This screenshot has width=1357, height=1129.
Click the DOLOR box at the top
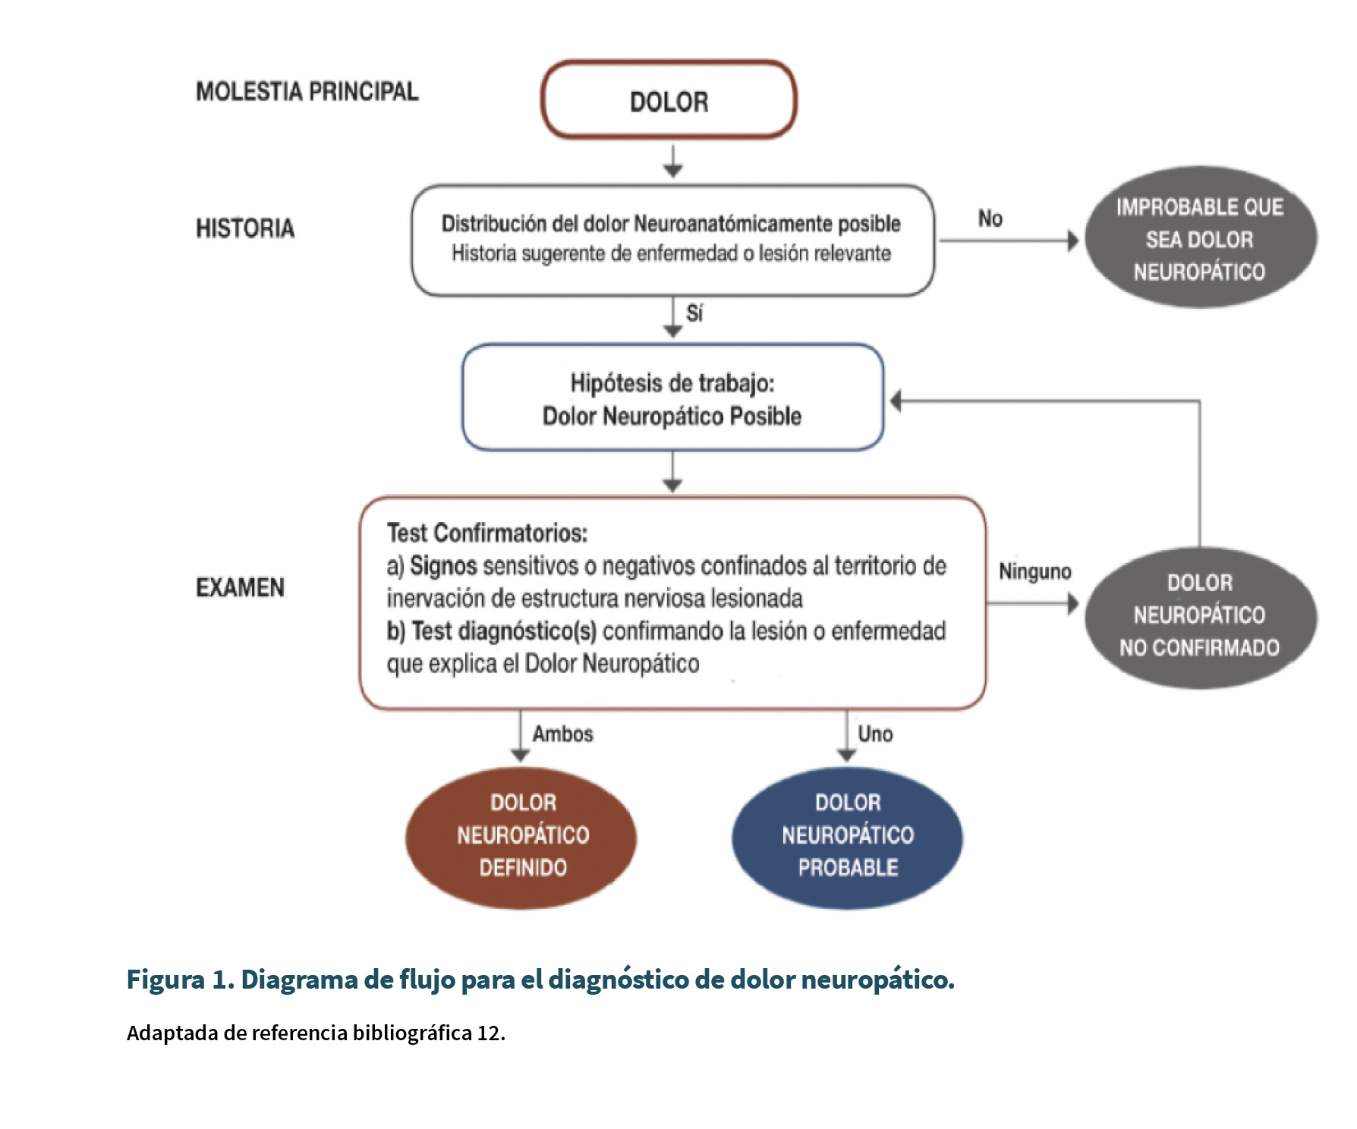coord(669,100)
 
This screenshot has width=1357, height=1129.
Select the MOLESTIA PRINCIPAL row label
coord(307,92)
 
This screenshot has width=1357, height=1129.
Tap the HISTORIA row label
coord(245,228)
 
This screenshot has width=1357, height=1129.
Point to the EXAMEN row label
coord(241,587)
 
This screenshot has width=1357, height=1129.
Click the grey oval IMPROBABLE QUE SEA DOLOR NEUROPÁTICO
coord(1200,238)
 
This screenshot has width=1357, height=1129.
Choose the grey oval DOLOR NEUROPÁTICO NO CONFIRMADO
coord(1200,617)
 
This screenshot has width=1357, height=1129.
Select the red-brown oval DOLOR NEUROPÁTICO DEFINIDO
coord(521,837)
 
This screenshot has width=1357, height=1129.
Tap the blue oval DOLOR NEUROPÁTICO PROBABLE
coord(848,837)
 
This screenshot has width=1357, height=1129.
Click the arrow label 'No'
coord(990,219)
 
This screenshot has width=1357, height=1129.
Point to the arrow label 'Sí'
coord(694,313)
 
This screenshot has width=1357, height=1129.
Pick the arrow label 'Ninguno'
coord(1035,571)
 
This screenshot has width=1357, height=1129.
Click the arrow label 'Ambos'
coord(563,734)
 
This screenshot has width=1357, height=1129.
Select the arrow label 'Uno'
coord(875,734)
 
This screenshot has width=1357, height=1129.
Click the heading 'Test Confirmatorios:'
coord(487,533)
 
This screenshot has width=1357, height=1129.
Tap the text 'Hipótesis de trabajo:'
coord(672,384)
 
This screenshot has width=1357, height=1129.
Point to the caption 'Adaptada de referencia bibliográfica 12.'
coord(316,1033)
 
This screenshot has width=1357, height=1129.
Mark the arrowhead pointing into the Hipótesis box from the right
coord(896,401)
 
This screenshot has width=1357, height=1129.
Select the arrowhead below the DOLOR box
coord(672,171)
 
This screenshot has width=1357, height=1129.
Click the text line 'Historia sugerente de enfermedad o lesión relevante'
coord(672,253)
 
